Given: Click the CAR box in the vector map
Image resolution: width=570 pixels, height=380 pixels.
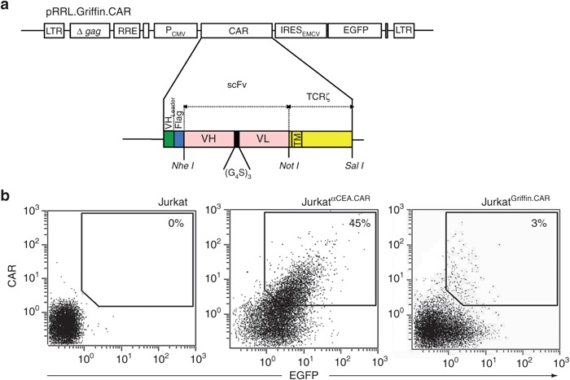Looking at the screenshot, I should (236, 32).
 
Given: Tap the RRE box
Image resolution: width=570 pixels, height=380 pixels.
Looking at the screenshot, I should (127, 32).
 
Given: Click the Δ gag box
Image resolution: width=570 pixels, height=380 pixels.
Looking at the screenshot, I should (90, 32).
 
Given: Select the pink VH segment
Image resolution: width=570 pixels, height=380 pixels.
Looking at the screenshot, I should (208, 139).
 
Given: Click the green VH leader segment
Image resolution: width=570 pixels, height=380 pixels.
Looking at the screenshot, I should (169, 139).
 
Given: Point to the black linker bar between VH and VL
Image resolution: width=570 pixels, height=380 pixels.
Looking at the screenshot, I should (237, 139).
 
